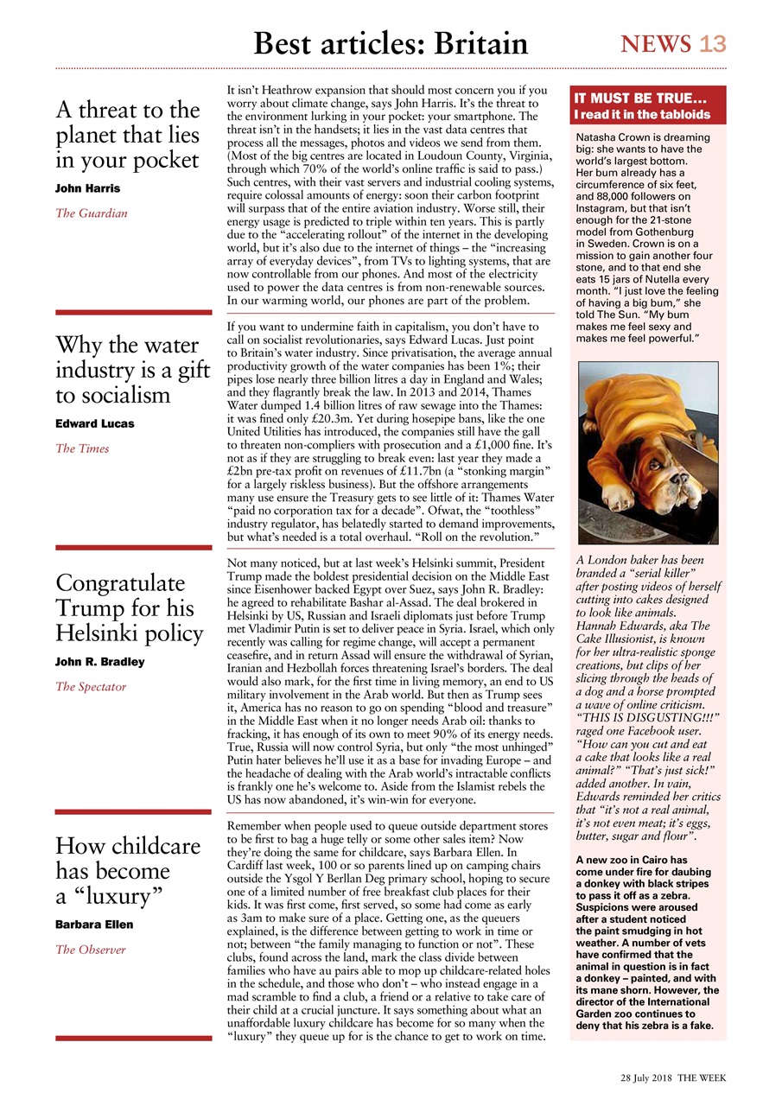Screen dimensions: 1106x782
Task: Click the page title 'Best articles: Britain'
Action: (x=390, y=42)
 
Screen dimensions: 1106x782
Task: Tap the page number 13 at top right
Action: (x=713, y=44)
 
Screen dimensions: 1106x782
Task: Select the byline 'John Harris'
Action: (x=87, y=188)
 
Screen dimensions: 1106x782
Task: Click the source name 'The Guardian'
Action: (x=91, y=213)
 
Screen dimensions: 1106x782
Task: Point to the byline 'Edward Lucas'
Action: (x=95, y=423)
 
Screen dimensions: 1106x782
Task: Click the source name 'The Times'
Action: (x=82, y=448)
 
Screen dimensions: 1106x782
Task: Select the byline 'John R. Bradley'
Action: (x=99, y=662)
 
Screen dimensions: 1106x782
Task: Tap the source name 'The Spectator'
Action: (x=91, y=687)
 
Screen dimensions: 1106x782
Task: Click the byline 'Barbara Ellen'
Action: (x=94, y=925)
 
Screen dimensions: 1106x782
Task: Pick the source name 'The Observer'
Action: (x=91, y=950)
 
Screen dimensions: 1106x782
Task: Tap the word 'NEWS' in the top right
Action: (x=656, y=44)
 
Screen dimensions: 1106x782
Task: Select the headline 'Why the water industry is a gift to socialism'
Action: (x=132, y=370)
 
